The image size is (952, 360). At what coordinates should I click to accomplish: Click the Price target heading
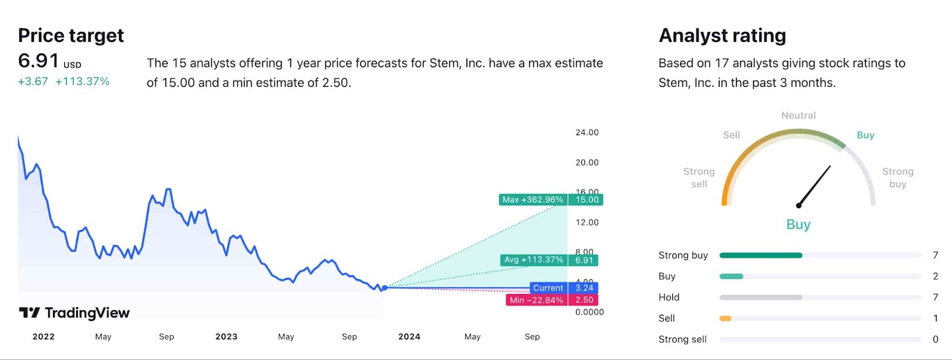[x=71, y=36]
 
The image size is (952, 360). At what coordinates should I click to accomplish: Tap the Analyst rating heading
[x=722, y=36]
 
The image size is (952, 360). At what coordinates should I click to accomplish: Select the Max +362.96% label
[x=533, y=200]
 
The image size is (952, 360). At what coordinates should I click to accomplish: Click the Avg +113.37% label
[x=533, y=260]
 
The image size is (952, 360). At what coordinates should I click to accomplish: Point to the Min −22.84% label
[x=536, y=300]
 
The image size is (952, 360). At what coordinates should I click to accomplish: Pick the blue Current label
[x=548, y=288]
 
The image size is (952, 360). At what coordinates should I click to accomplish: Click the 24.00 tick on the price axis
[x=587, y=133]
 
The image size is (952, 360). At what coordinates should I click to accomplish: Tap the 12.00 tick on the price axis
[x=587, y=223]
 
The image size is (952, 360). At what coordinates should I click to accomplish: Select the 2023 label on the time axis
[x=226, y=337]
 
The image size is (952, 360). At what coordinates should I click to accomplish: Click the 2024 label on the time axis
[x=409, y=337]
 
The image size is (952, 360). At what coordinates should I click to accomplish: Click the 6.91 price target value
[x=39, y=61]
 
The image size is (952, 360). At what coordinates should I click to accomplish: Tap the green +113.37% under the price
[x=82, y=82]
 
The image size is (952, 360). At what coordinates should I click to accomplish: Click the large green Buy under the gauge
[x=798, y=224]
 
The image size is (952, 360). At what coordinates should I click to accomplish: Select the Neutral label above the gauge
[x=798, y=115]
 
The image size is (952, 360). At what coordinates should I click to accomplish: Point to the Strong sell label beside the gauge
[x=699, y=177]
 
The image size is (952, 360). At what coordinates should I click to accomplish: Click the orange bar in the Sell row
[x=725, y=318]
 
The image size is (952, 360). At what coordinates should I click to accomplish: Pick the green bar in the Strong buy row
[x=760, y=255]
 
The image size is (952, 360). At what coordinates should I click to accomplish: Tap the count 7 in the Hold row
[x=935, y=298]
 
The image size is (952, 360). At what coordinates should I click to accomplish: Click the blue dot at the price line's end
[x=384, y=287]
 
